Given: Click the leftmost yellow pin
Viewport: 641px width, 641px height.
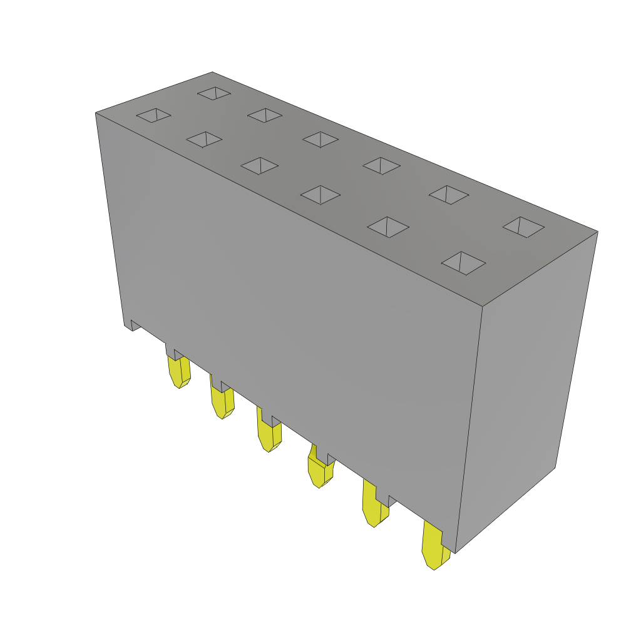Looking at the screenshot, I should tap(178, 372).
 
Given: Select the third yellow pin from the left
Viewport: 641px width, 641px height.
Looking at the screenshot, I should tap(269, 436).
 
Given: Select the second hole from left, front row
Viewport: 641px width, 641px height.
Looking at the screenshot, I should tap(204, 140).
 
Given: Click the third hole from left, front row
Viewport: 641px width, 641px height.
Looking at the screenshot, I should tap(259, 166).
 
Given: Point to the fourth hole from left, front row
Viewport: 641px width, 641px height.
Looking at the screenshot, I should tap(320, 195).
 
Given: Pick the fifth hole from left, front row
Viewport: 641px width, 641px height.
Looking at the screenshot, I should tap(388, 227).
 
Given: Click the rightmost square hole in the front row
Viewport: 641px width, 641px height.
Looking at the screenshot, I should tap(463, 263).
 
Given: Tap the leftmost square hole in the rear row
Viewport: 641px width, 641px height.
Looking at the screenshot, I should tap(214, 93).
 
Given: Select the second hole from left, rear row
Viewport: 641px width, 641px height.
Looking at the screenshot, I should tap(265, 115).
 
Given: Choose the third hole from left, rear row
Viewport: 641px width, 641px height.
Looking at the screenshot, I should tap(320, 140).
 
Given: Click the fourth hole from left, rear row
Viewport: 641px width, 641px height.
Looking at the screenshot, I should tap(381, 166).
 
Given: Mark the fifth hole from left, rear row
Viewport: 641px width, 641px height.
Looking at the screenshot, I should tap(448, 195).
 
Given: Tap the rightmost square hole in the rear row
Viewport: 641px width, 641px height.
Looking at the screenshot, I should tap(523, 227).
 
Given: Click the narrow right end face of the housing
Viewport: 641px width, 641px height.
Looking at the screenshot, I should tap(526, 388).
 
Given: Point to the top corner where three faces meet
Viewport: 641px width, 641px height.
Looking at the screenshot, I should tap(483, 306).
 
